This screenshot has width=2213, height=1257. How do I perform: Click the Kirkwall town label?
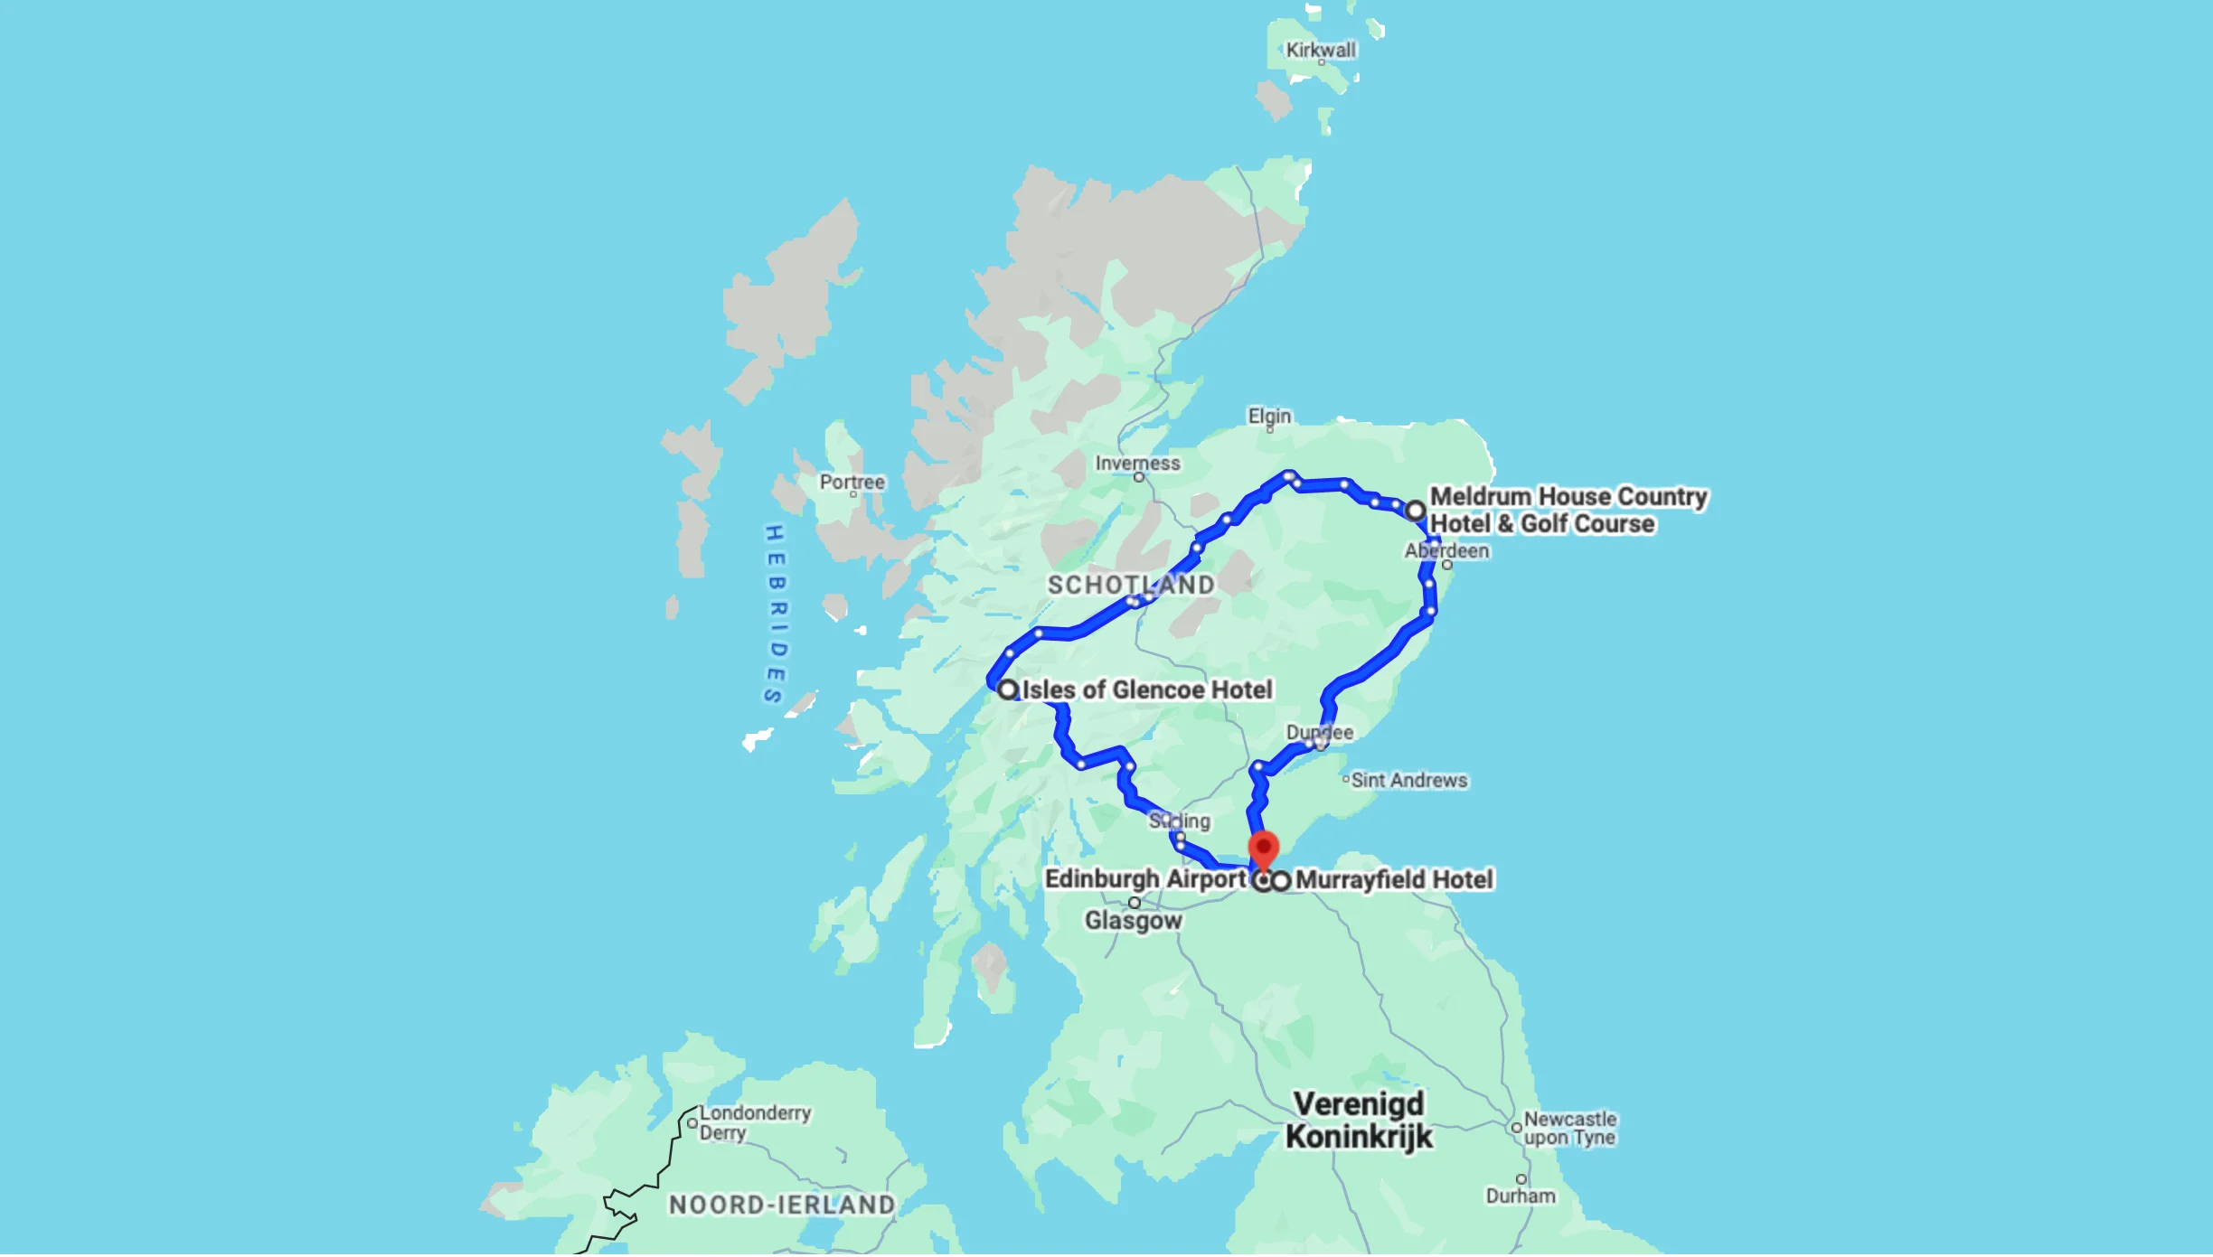[x=1320, y=50]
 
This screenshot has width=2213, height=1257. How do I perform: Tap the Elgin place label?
[x=1269, y=416]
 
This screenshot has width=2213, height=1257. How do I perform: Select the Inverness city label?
[x=1137, y=463]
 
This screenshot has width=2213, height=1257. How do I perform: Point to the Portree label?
[x=852, y=482]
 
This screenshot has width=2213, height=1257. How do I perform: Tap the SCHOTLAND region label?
[x=1130, y=585]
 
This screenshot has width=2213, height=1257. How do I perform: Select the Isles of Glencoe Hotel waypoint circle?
[x=1008, y=689]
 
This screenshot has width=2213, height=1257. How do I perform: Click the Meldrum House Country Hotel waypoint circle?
[x=1416, y=511]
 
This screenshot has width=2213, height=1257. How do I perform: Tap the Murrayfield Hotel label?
[x=1393, y=879]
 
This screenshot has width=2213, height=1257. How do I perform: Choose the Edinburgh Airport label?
[x=1145, y=878]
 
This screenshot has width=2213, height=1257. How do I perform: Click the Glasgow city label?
[x=1133, y=920]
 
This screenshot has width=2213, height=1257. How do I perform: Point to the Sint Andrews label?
[x=1408, y=780]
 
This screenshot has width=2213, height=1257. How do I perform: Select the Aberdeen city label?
[x=1446, y=550]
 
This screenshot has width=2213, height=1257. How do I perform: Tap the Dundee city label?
[x=1320, y=732]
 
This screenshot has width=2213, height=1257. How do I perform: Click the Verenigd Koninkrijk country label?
[x=1359, y=1120]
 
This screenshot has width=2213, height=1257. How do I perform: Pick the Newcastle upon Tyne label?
[x=1569, y=1128]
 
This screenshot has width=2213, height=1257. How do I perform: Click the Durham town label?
[x=1521, y=1196]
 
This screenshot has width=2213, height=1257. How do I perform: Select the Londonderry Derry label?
[x=754, y=1122]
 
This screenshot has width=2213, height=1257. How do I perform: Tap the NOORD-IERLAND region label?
[x=782, y=1205]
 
